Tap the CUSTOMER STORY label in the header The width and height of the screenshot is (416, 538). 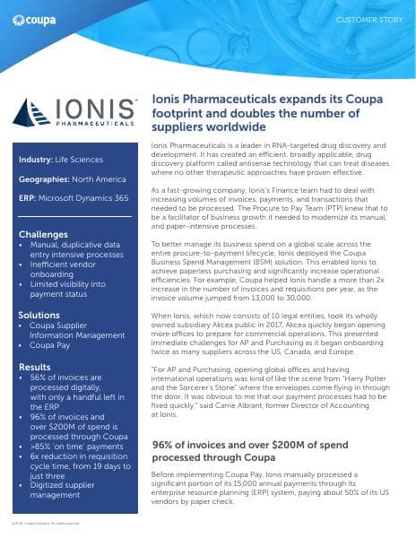[x=368, y=18]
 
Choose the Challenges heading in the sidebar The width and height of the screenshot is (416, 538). [x=43, y=235]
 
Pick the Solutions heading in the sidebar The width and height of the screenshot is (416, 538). [x=39, y=316]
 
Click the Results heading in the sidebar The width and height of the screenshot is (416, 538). [x=35, y=368]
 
